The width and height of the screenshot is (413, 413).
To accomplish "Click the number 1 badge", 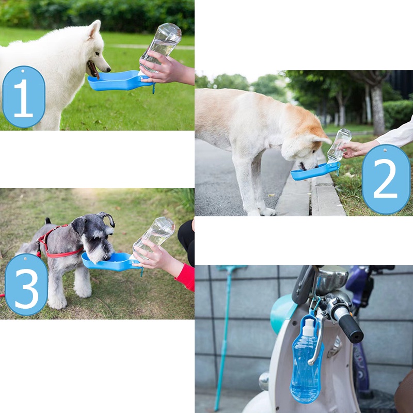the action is pos(24,97).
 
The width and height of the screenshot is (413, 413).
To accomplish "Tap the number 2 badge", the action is pos(386,179).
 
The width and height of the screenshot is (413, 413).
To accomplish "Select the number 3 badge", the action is pos(26,284).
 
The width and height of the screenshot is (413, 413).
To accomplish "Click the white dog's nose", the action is pos(108,70).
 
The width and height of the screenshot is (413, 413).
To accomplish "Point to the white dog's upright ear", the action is pos(94,28).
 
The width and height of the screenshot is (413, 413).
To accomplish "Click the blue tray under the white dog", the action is pos(119,81).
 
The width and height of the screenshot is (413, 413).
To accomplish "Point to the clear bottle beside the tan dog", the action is pos(340,145).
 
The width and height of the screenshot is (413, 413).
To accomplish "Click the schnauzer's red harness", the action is pos(57,245).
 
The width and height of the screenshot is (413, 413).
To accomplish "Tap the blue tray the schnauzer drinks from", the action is pos(110,262).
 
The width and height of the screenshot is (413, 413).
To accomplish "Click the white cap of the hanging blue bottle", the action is pos(309,327).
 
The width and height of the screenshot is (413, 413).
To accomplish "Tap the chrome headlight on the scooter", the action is pos(331,280).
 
